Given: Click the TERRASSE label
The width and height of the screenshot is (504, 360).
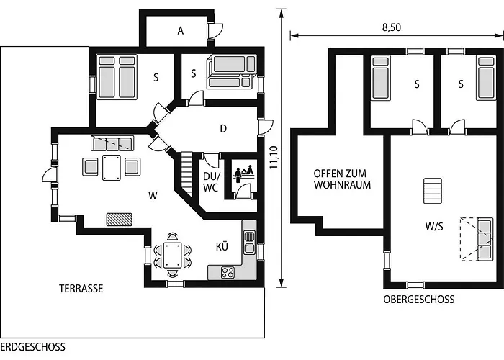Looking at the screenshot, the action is pos(81,288).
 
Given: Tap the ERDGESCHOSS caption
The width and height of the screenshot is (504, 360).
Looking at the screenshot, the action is pos(33,347).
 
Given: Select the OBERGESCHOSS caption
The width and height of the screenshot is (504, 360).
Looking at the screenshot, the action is pos(419,300).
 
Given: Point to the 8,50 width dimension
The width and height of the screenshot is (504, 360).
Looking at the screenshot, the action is pos(392,27).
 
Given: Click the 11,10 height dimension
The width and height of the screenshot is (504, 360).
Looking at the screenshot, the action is pos(274,158).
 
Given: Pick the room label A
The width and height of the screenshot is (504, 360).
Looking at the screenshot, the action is pos(181,31).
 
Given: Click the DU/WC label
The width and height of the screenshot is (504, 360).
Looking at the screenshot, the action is pos(211,182).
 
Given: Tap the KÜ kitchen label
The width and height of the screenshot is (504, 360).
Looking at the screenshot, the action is pos(222,246).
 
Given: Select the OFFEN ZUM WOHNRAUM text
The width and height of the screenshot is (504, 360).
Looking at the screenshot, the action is pos(342,179).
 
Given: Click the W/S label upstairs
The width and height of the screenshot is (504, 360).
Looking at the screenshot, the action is pos(434,227).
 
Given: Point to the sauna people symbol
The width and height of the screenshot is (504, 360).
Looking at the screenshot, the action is pos(244,174).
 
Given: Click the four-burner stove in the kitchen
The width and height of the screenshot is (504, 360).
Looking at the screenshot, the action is pos(228,273).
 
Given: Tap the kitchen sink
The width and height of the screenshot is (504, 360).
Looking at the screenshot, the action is pos(249,242).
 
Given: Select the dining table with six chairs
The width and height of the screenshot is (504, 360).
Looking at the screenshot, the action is pos(173,255).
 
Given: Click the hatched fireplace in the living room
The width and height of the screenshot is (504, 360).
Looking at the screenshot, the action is pos(120,220).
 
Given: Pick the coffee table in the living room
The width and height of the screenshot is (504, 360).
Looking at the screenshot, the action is pos(111,168).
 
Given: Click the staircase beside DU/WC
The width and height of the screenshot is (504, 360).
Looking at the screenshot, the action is pos(186,174).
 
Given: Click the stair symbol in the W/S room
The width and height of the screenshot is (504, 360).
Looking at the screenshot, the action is pos(432,191).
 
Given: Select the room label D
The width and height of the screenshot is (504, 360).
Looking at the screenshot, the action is pos(223,129).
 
